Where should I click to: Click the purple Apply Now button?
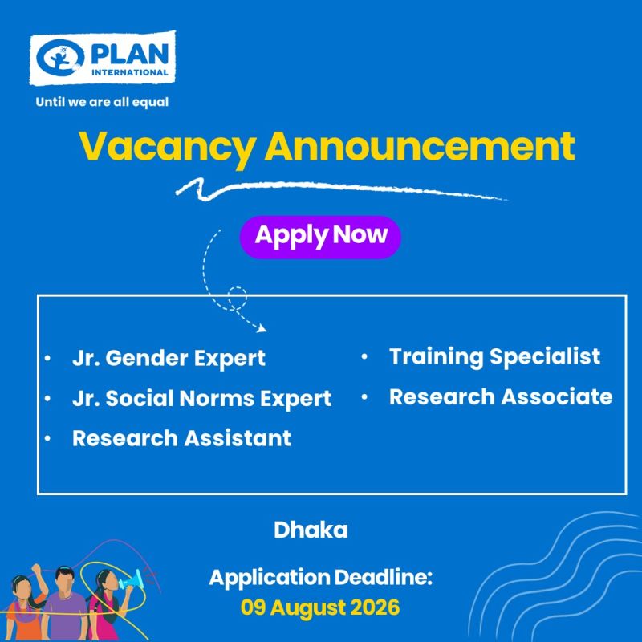[319, 237]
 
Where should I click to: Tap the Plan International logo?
[103, 58]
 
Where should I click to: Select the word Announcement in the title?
[420, 146]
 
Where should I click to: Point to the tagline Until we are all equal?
[102, 102]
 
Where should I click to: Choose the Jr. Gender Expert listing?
[169, 359]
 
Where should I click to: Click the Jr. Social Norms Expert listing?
[201, 399]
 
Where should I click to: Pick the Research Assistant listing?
[181, 438]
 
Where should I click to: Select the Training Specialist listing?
[494, 356]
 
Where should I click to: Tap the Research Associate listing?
[501, 396]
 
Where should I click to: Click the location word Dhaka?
[311, 530]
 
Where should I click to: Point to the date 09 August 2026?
[319, 607]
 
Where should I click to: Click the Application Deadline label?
[320, 578]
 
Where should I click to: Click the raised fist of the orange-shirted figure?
[37, 569]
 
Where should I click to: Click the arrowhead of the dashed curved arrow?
[262, 328]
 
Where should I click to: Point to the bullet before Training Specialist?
[364, 356]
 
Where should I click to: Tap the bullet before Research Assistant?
[47, 438]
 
